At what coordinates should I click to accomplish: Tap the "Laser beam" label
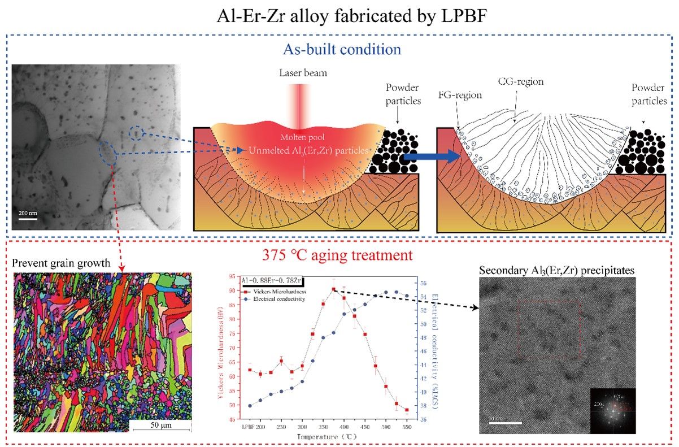click(x=303, y=73)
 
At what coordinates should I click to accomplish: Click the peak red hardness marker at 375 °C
click(x=334, y=289)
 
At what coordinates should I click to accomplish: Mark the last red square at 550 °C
click(x=407, y=410)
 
